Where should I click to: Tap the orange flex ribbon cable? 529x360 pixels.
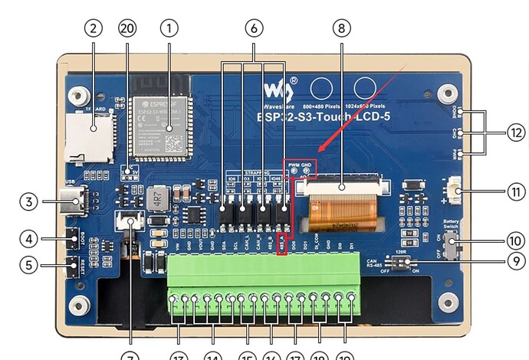point(343,208)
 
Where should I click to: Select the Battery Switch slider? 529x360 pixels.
point(453,247)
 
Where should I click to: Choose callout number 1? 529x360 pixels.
point(169,28)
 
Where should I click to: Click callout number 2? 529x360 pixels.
point(93,28)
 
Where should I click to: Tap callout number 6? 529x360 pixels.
point(254,28)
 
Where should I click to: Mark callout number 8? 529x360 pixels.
point(342,28)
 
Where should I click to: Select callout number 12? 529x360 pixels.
point(516,132)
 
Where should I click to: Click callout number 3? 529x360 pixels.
point(28,202)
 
